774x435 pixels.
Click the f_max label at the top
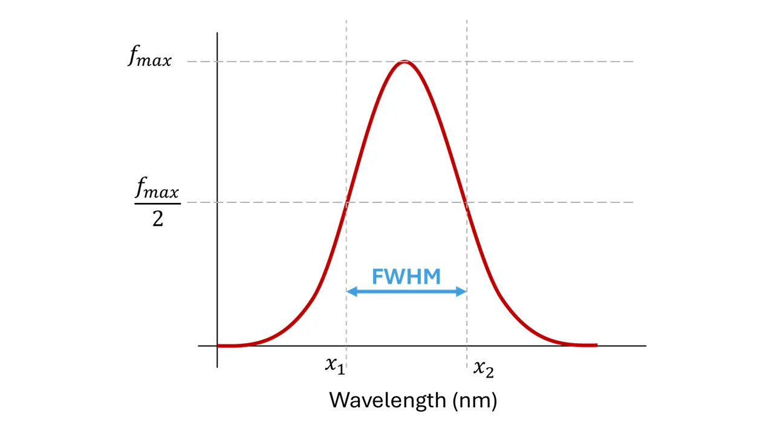coord(149,56)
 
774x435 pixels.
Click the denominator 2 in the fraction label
coord(158,219)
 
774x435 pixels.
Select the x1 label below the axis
coord(335,366)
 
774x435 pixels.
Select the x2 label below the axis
coord(483,369)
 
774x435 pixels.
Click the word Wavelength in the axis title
coord(388,401)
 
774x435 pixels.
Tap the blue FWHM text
coord(406,277)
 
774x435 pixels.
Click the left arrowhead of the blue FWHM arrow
coord(351,291)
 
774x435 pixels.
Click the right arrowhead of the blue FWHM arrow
coord(461,291)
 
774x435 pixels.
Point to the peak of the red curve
coord(405,62)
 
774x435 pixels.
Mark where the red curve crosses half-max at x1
coord(346,202)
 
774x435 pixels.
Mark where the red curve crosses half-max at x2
coord(467,202)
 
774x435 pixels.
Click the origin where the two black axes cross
coord(217,346)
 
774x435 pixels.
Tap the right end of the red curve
coord(597,345)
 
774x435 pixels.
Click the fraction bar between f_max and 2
coord(158,204)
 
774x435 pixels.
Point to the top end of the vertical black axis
coord(217,33)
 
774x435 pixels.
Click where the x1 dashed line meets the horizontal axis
coord(346,346)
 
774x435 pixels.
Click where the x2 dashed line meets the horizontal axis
coord(467,346)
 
